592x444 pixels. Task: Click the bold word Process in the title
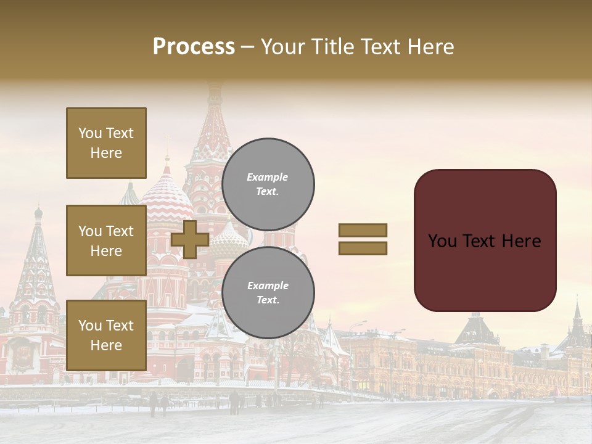click(194, 47)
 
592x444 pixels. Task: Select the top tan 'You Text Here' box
click(106, 143)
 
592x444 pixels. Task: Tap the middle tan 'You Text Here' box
click(106, 240)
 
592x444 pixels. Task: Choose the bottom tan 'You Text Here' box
click(106, 335)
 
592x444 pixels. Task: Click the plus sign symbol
click(189, 239)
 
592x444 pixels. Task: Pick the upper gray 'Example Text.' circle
click(268, 184)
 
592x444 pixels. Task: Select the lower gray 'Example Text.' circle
click(268, 293)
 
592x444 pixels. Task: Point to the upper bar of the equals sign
click(363, 231)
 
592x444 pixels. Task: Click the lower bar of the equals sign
click(363, 249)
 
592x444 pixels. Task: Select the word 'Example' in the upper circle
click(268, 177)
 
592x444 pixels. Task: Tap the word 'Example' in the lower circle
click(268, 286)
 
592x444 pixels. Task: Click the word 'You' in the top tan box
click(89, 133)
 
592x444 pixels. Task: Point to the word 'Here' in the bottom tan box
click(106, 345)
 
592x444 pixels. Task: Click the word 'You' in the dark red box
click(442, 241)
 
